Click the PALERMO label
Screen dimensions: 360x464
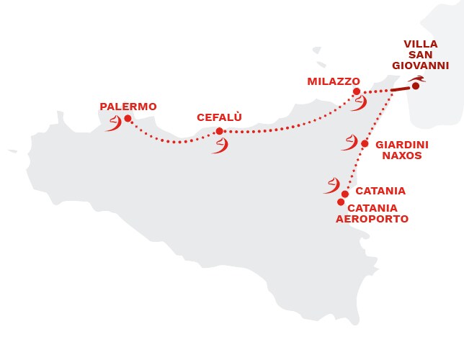point(128,107)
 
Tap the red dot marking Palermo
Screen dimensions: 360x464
point(128,119)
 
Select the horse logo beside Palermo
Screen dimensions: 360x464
point(113,125)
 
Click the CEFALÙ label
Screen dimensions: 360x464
point(219,117)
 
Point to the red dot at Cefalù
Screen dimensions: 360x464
point(219,131)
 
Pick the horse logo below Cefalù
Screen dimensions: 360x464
point(219,145)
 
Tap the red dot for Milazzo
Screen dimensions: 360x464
point(357,92)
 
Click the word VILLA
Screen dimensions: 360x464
point(420,43)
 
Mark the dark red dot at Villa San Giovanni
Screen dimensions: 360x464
point(416,86)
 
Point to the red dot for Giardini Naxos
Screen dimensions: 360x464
point(365,144)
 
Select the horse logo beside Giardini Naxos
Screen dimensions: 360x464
point(349,143)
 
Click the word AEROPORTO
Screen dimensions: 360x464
point(372,219)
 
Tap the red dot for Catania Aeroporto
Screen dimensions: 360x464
point(341,202)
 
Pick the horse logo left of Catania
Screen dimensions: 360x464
point(331,186)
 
